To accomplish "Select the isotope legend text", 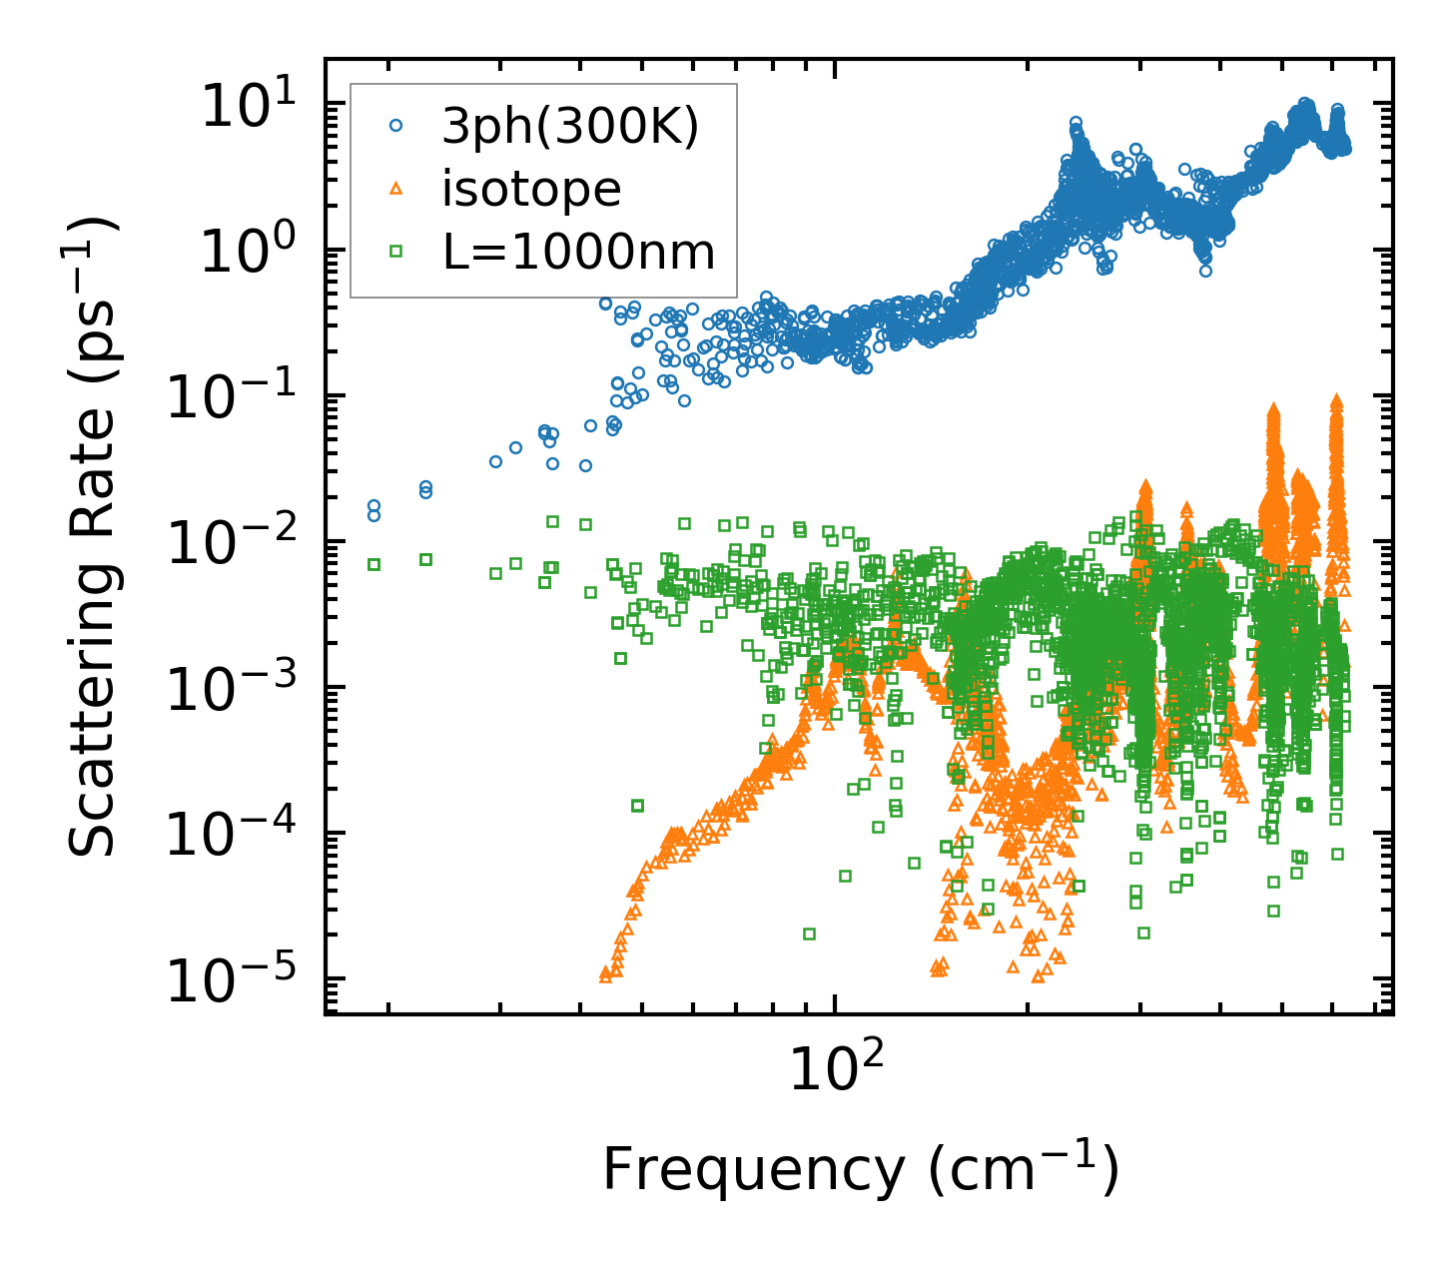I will (x=531, y=189).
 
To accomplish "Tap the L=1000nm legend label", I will (x=579, y=252).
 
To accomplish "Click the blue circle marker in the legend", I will (x=396, y=127).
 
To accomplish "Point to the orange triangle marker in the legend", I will (x=396, y=189).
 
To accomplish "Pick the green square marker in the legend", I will (x=396, y=252).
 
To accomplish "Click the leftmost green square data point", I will (x=373, y=564).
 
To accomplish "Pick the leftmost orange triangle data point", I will (x=604, y=974).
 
